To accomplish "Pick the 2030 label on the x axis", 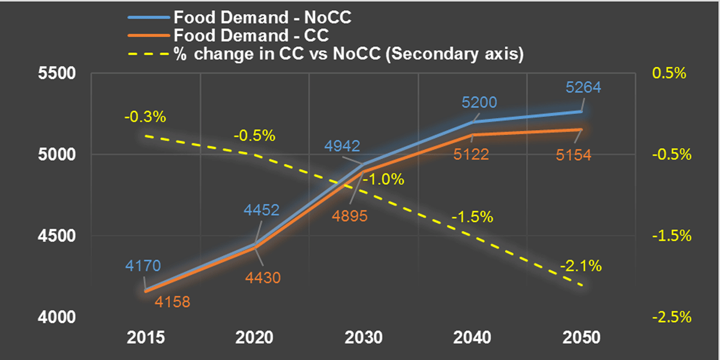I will coord(364,337).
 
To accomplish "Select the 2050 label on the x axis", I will coord(581,337).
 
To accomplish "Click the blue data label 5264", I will coord(583,88).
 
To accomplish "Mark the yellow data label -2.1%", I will coord(580,266).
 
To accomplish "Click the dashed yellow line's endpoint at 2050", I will coord(581,286).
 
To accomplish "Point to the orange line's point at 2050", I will coord(581,130).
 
